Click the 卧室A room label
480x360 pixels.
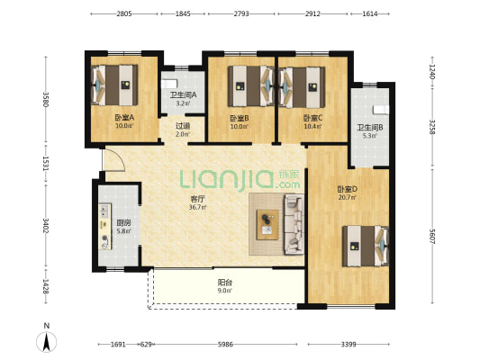coord(124,118)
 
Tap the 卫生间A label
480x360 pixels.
coord(183,95)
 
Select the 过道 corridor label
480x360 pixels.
coord(183,126)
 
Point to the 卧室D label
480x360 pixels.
coord(348,189)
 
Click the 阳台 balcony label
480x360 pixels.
coord(224,283)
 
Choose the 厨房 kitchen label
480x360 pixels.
coord(123,223)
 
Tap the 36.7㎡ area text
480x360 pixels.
coord(197,207)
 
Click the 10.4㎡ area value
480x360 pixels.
coord(312,126)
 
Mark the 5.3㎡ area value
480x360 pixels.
coord(369,136)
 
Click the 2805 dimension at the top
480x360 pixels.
coord(124,13)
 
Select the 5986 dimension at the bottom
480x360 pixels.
coord(225,345)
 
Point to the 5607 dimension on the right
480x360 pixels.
coord(432,237)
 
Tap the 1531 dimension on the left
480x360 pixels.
coord(46,164)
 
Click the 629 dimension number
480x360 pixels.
coord(146,345)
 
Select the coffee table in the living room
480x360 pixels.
coord(267,224)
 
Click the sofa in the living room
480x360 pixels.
coord(294,224)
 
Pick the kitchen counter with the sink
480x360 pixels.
coord(104,226)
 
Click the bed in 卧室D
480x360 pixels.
coord(366,247)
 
